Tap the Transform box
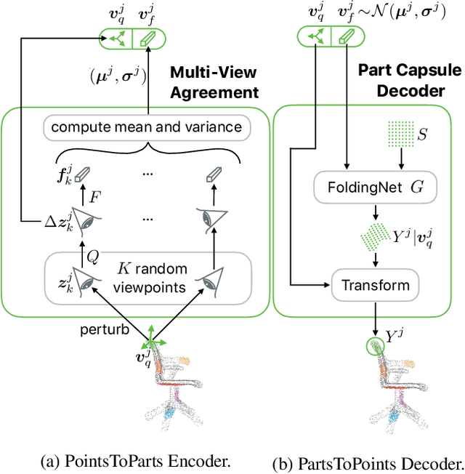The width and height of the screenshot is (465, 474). (x=376, y=284)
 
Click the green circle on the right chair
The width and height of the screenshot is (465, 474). (x=374, y=345)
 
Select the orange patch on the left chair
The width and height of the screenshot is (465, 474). (x=184, y=359)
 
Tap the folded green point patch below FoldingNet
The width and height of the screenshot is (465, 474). (x=376, y=236)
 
